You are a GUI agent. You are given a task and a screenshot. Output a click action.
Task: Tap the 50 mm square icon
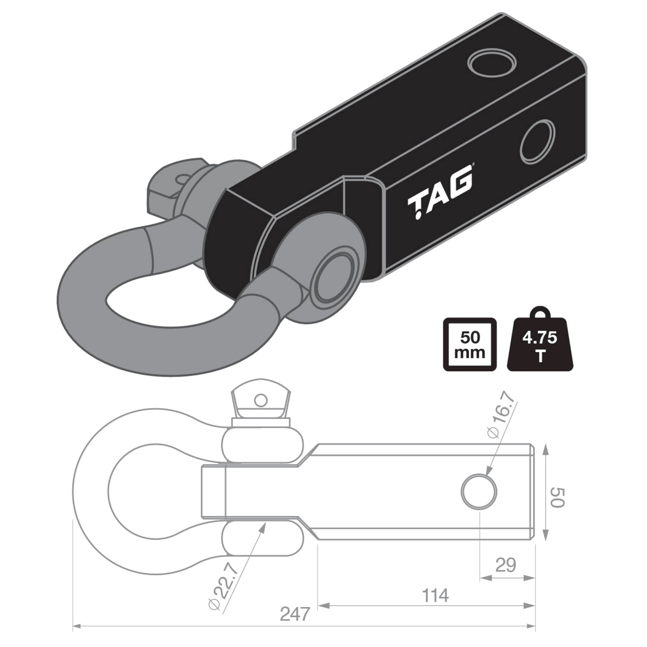469,345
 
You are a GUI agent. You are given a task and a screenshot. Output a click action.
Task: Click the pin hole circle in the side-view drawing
479,492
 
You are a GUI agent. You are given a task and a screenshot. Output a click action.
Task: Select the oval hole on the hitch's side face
538,142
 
